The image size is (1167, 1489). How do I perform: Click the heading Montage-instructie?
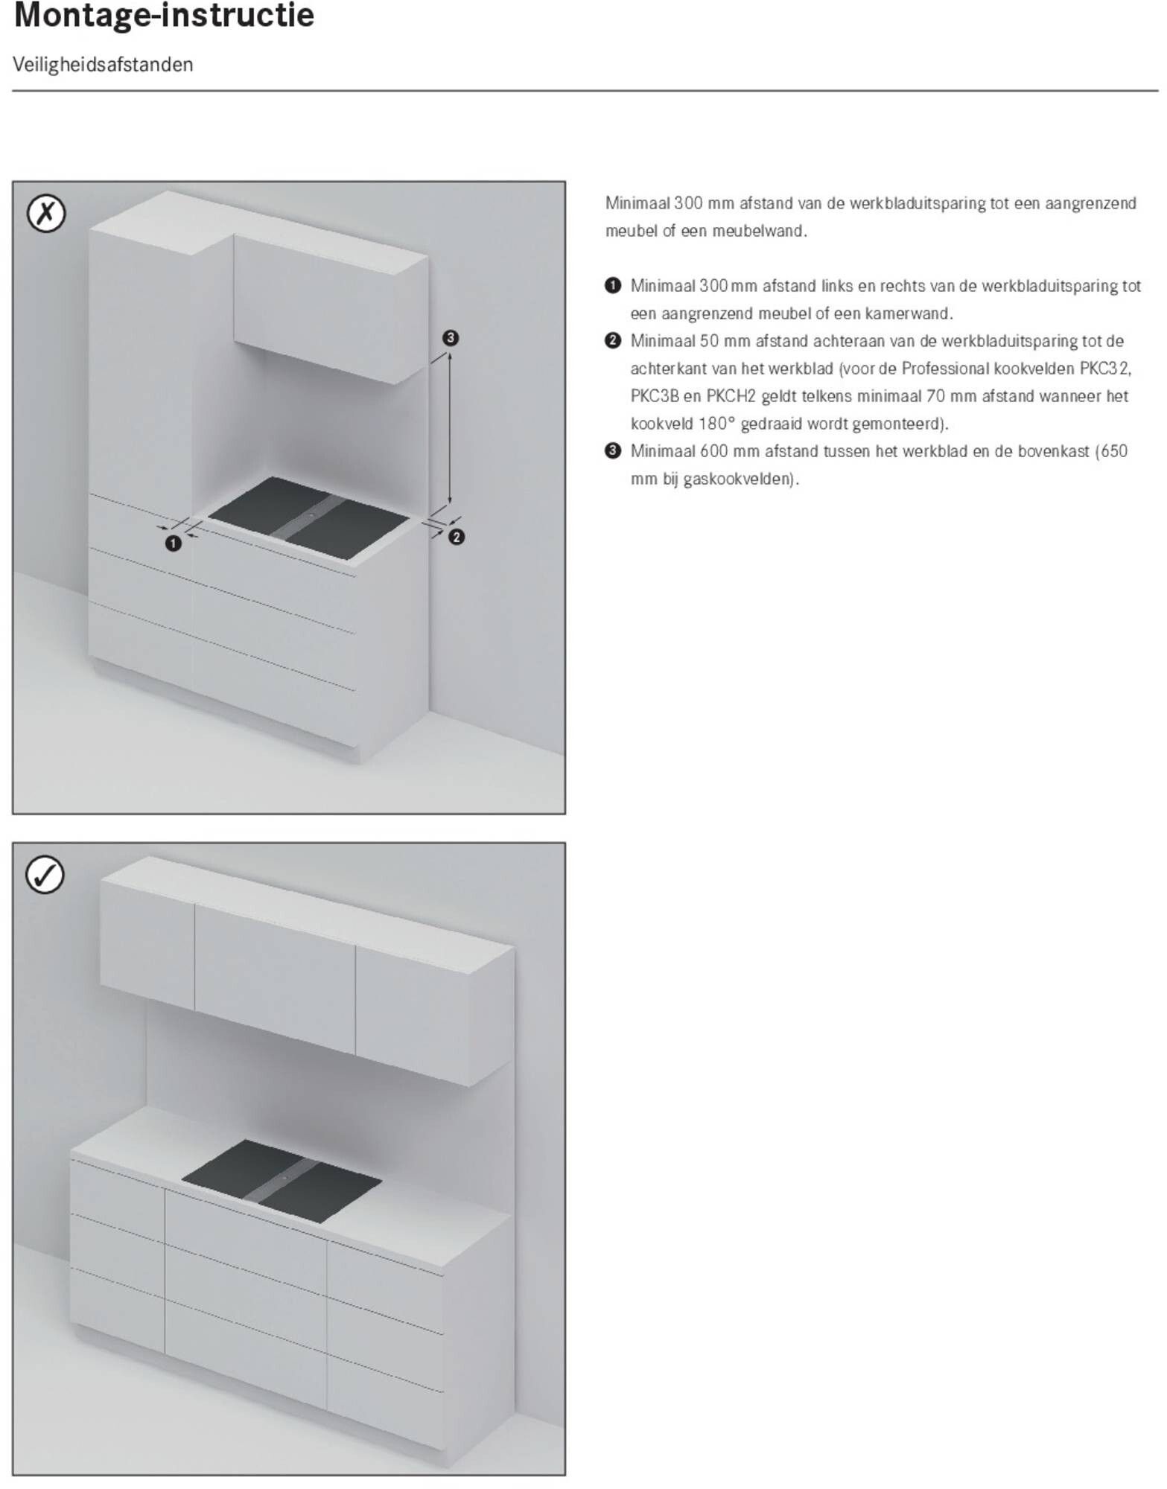pos(164,16)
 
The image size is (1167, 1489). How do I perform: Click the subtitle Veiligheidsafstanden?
pos(103,65)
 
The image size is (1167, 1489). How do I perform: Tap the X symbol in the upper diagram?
pos(46,214)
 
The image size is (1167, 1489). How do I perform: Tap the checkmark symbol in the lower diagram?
pos(45,875)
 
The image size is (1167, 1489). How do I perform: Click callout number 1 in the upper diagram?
pos(174,544)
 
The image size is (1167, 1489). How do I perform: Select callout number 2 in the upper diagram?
pos(457,537)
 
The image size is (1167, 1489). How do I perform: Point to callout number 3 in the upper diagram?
pos(450,338)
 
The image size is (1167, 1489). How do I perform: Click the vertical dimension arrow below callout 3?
pos(450,430)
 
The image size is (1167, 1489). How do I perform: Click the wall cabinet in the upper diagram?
pos(331,309)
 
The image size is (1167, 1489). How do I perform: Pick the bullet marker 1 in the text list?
pos(612,286)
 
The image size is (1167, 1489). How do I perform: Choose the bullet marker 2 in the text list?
pos(612,341)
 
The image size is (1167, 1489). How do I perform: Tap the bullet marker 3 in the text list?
pos(612,451)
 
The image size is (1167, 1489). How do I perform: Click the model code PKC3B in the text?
pos(655,396)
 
